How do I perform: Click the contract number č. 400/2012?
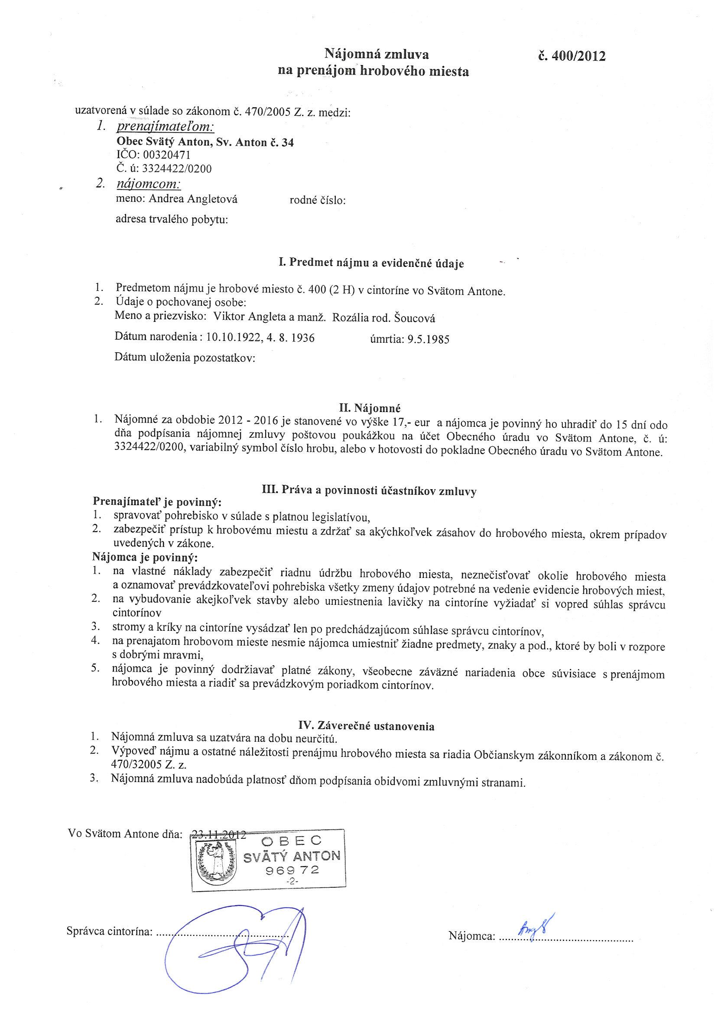[572, 56]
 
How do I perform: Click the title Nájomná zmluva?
[377, 54]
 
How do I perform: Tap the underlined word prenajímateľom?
[165, 127]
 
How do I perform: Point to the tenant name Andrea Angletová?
[193, 199]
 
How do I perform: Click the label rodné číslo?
[318, 201]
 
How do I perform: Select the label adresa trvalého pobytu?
[172, 219]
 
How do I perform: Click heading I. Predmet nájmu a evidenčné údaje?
[371, 263]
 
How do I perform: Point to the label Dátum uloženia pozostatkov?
[185, 357]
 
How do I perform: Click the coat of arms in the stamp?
[217, 863]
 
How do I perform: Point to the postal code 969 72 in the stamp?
[292, 870]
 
